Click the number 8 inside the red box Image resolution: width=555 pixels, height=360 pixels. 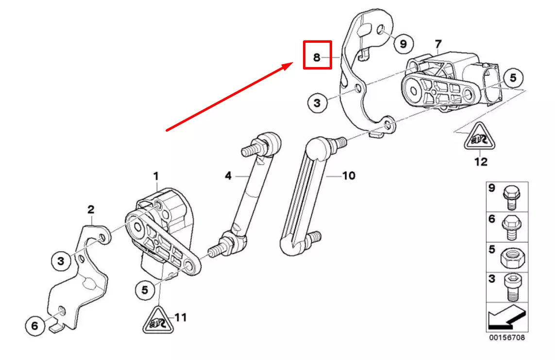click(x=317, y=58)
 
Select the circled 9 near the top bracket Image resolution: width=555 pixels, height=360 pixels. click(x=403, y=44)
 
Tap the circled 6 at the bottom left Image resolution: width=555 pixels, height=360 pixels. click(x=34, y=326)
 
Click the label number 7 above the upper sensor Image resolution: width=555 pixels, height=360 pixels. click(x=438, y=44)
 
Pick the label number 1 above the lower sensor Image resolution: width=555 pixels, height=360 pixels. click(x=156, y=176)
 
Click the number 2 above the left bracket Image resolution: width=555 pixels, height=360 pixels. click(x=91, y=210)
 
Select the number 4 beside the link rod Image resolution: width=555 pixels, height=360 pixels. click(x=228, y=176)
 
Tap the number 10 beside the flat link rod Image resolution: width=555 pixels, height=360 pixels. click(x=349, y=175)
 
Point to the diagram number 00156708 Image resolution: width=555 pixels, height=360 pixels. click(x=506, y=337)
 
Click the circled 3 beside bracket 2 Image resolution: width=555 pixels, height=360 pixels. click(x=61, y=261)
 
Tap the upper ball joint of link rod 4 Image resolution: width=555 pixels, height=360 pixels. click(x=271, y=141)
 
